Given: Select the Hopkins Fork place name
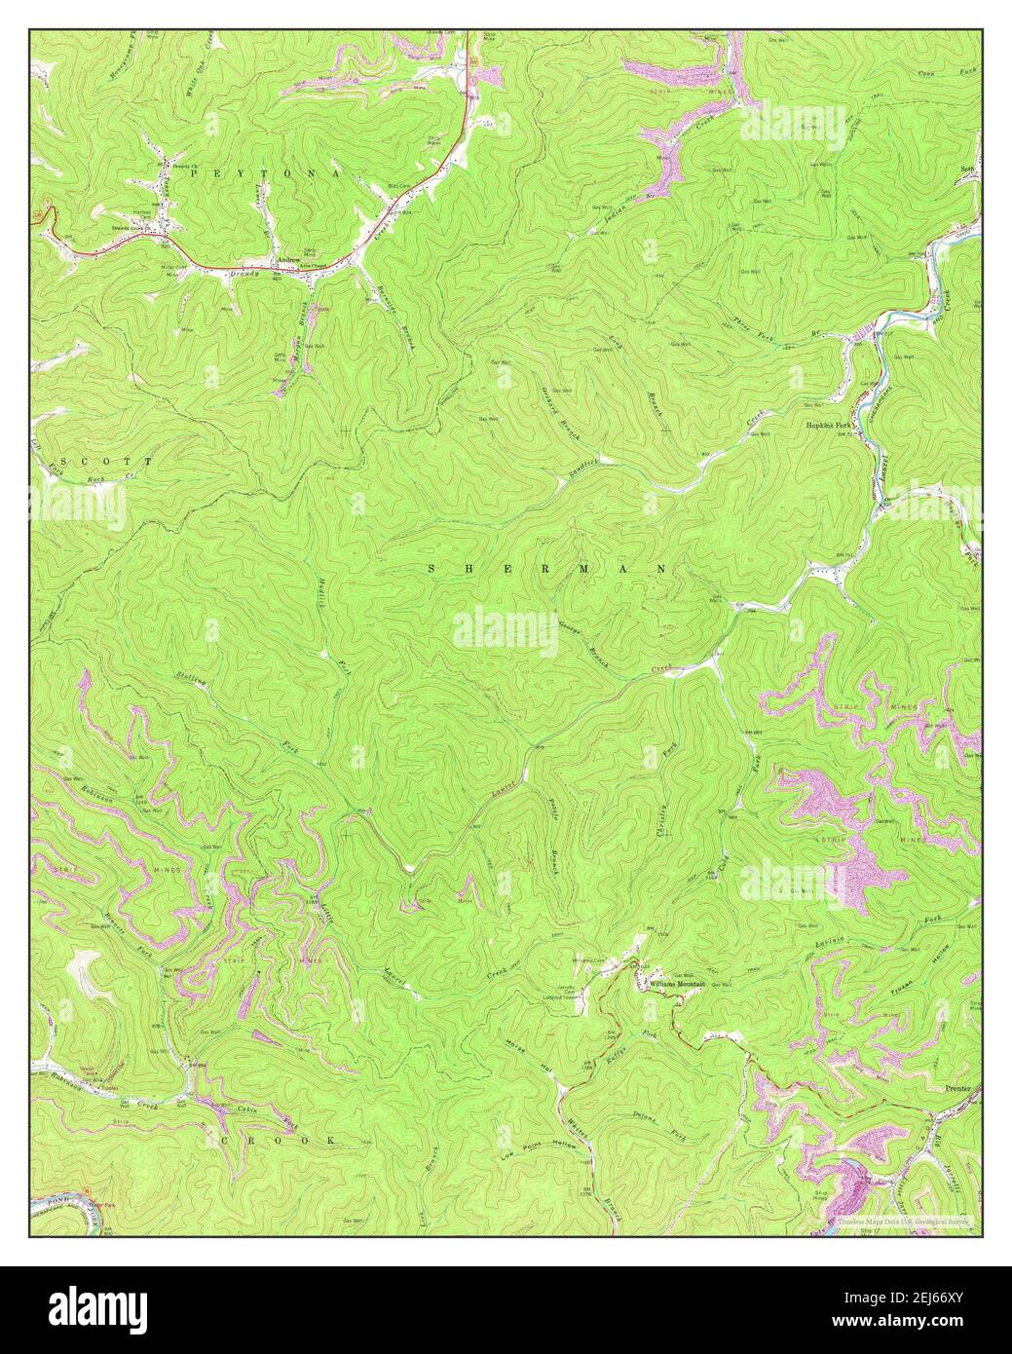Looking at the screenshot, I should [829, 426].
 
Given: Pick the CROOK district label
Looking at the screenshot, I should [277, 1139].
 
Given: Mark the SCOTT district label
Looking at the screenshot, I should [105, 460].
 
